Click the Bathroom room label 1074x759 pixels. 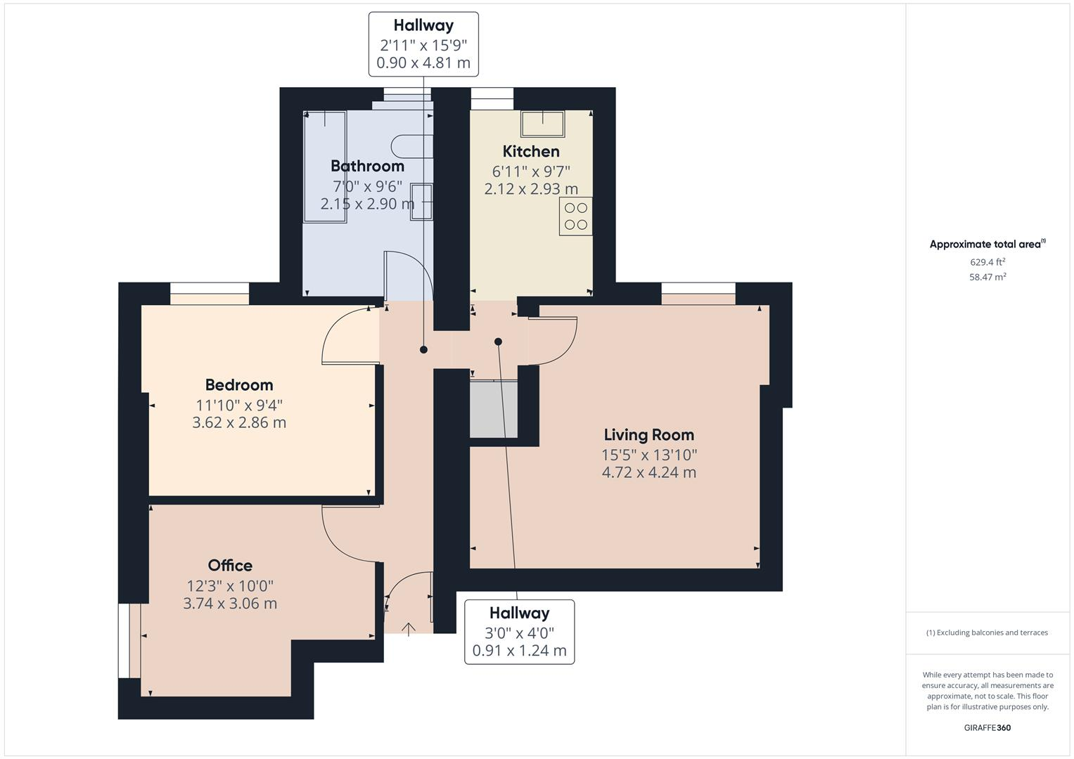pos(367,166)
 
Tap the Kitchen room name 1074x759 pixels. pos(531,151)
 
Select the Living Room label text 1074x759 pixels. pos(648,435)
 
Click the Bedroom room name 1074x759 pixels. pos(239,385)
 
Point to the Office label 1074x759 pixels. pos(230,566)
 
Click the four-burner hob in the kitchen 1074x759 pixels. pos(575,216)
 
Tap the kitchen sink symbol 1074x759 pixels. pos(542,124)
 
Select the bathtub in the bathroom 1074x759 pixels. pos(324,167)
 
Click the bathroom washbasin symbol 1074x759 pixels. pos(421,202)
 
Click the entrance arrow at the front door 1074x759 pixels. pos(408,628)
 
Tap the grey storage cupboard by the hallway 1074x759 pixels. pos(493,410)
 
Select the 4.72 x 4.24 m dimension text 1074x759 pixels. pos(648,472)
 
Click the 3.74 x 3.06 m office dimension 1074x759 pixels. pos(230,604)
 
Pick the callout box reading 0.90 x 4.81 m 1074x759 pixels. pos(423,44)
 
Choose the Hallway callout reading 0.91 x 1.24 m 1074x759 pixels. pos(519,632)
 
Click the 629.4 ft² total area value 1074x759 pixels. pos(987,262)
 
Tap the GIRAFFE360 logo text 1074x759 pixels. pos(987,727)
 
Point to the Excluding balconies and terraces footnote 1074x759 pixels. pos(987,632)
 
